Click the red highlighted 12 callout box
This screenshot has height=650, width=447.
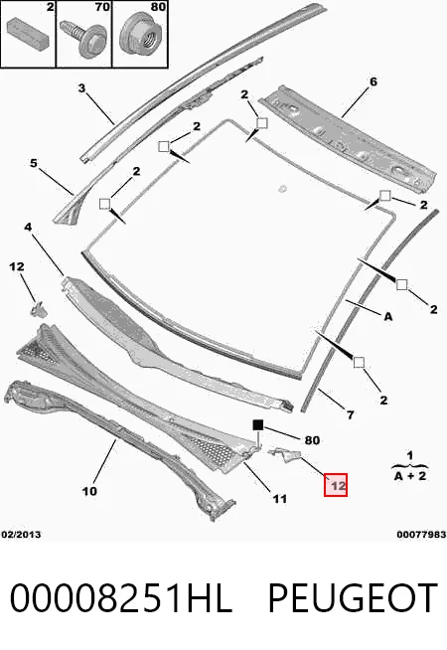[335, 485]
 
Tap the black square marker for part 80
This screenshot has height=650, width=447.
[258, 425]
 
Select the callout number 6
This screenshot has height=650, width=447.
[373, 81]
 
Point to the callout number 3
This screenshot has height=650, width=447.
[81, 87]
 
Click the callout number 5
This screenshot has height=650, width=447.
[34, 163]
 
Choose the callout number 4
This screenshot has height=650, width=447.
[28, 228]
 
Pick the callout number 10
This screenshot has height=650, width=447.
[89, 491]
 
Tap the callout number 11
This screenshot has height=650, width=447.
[280, 498]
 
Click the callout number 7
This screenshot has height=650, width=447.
[350, 414]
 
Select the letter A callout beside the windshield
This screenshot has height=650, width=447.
[387, 317]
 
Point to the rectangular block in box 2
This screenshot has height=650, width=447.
[28, 32]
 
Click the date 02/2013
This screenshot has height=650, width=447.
[21, 535]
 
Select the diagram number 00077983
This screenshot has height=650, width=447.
[421, 535]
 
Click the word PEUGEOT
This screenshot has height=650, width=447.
[353, 597]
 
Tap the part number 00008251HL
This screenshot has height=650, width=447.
[120, 597]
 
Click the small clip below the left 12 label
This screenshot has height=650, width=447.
[39, 309]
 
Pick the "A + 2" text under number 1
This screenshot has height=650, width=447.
[409, 475]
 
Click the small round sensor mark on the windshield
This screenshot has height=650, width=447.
[283, 189]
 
